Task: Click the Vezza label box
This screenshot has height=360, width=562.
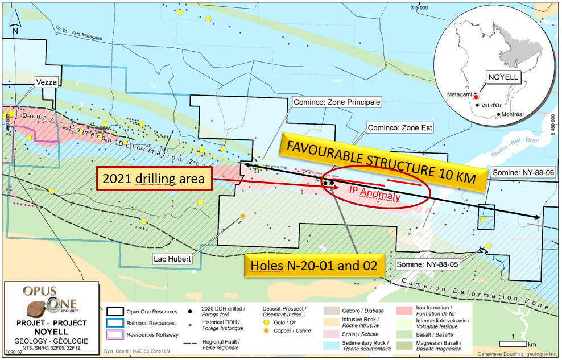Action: (x=47, y=82)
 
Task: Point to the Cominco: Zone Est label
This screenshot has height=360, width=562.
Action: (x=400, y=128)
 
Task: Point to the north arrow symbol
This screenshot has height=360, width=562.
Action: (x=16, y=22)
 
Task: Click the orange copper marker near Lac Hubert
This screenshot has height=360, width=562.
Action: (x=243, y=216)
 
